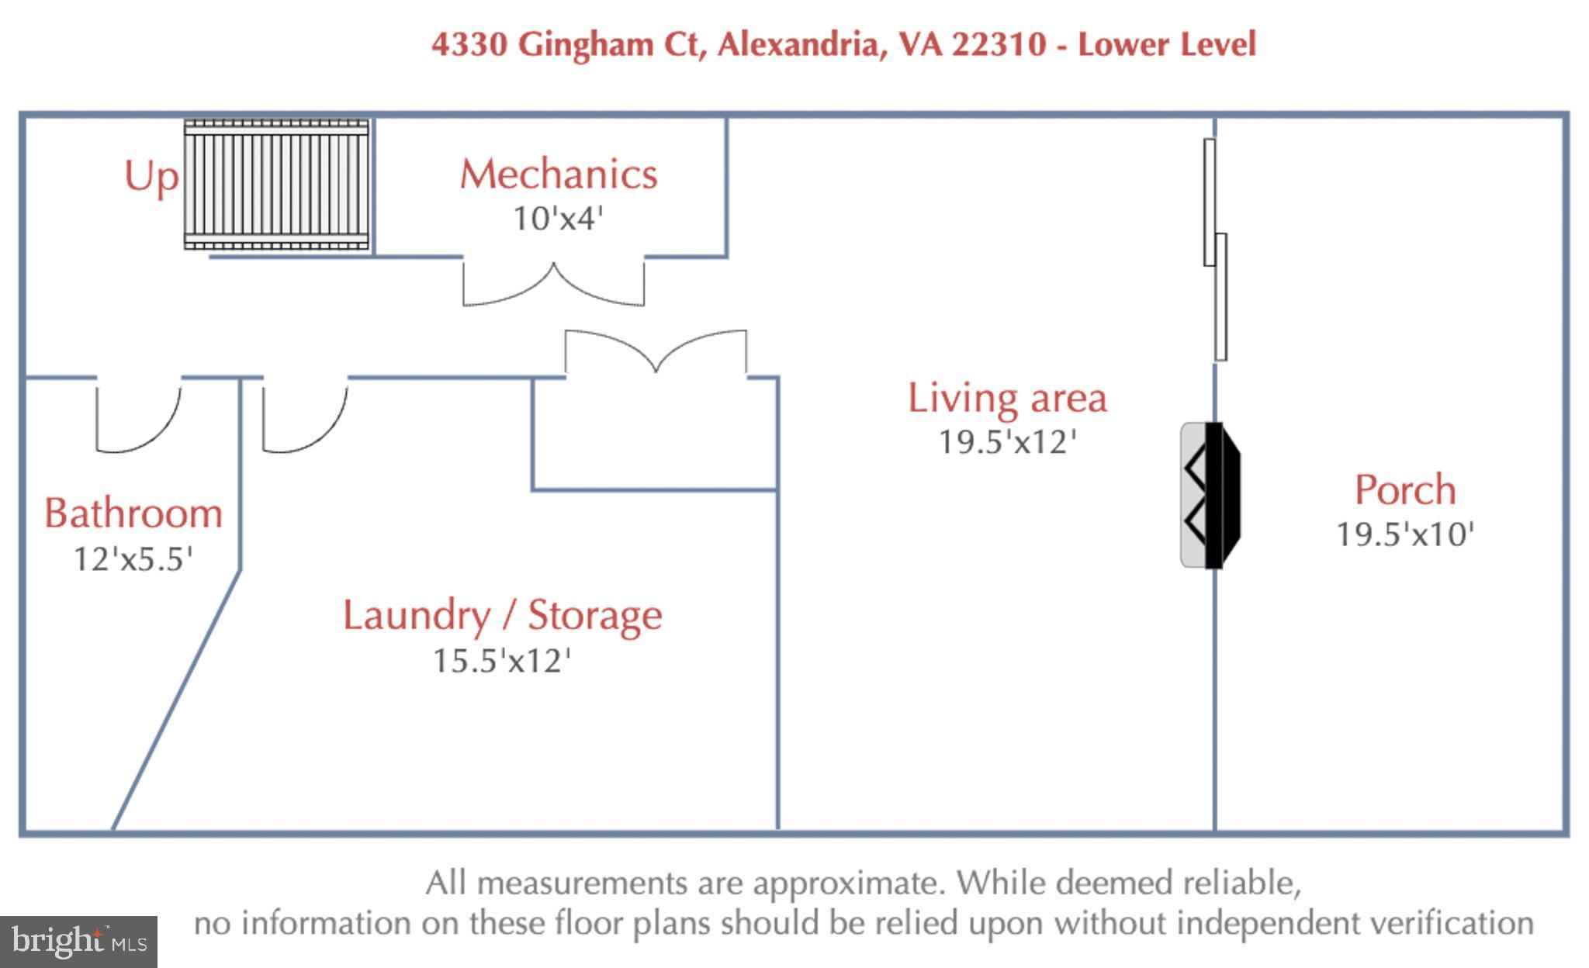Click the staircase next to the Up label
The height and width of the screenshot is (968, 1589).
[x=276, y=185]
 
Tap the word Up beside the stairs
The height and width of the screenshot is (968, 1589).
[x=151, y=178]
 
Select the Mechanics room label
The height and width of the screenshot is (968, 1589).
[x=559, y=174]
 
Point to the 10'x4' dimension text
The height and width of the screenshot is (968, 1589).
[x=558, y=218]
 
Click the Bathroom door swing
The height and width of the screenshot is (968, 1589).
[x=139, y=416]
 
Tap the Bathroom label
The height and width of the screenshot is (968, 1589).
[x=133, y=513]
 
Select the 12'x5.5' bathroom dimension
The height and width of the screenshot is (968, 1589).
[x=133, y=558]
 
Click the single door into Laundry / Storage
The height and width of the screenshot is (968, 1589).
[x=305, y=416]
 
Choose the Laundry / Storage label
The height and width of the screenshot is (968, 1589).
[x=503, y=616]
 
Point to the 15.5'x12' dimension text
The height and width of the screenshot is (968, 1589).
[x=502, y=661]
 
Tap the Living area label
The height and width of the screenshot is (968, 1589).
[x=1007, y=398]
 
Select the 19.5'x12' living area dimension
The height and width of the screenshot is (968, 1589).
[x=1007, y=442]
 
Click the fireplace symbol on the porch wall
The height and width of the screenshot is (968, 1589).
[x=1211, y=495]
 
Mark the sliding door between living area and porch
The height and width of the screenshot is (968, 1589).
[x=1215, y=249]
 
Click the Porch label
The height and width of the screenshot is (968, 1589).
[x=1405, y=489]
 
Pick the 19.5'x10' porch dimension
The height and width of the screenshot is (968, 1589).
[x=1405, y=534]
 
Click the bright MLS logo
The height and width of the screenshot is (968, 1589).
[x=78, y=942]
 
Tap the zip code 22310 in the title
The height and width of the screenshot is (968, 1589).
[x=999, y=43]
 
